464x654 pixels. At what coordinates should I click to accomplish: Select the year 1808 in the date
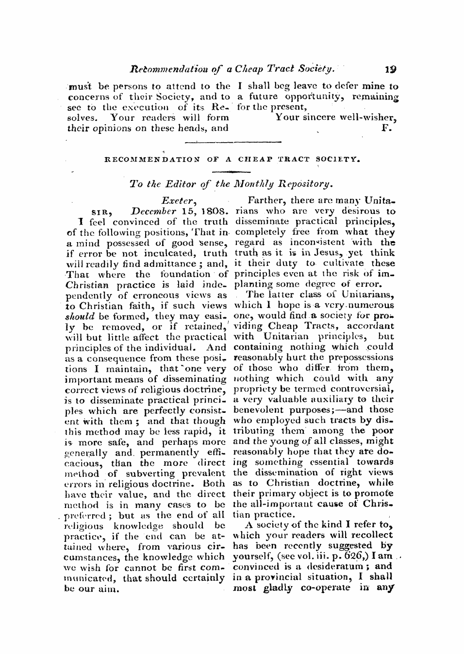[x=214, y=212]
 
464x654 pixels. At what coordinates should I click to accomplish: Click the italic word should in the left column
[x=79, y=316]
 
